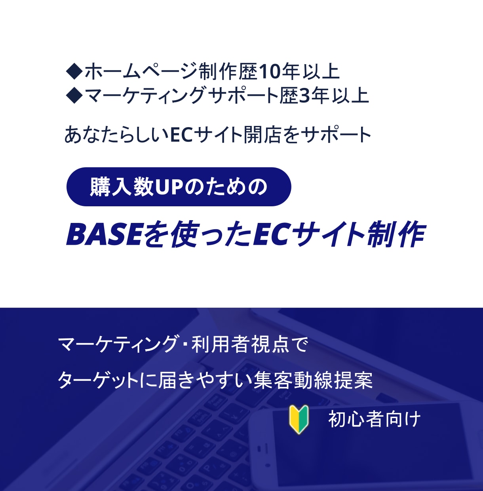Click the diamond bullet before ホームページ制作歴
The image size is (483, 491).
74,72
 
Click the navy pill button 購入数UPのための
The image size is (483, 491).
179,187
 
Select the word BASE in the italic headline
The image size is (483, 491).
104,234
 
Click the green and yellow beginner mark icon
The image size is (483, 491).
299,419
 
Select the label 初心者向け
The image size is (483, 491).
374,419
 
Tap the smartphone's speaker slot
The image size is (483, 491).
259,449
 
